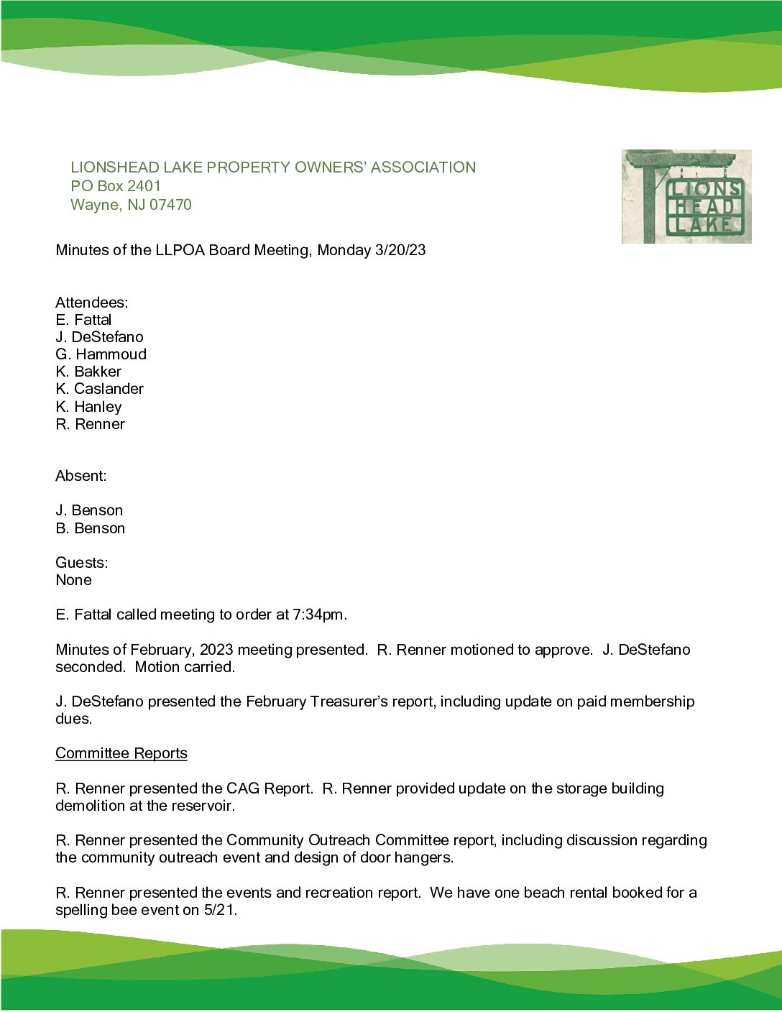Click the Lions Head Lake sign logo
click(x=686, y=196)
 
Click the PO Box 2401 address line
click(x=116, y=186)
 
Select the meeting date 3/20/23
click(x=400, y=250)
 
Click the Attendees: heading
click(x=92, y=303)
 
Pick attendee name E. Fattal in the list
click(x=83, y=320)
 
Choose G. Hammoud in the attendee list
click(x=101, y=354)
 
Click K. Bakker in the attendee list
click(x=88, y=372)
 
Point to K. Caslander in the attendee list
click(x=99, y=389)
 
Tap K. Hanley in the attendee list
click(x=88, y=407)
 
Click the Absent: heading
click(x=80, y=476)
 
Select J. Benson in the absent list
click(x=89, y=510)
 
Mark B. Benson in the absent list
click(x=90, y=528)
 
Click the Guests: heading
click(x=82, y=563)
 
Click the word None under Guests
click(x=73, y=580)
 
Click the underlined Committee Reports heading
click(x=121, y=753)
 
